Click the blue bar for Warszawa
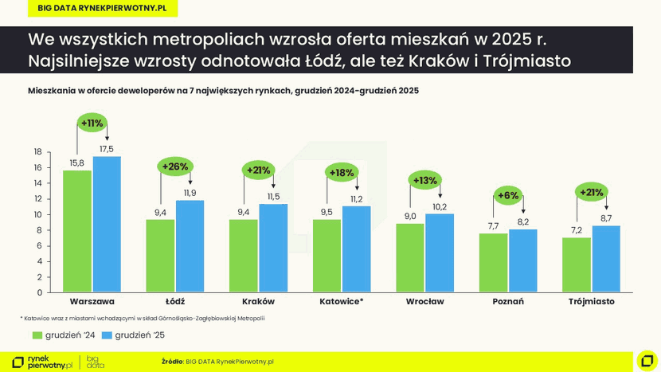(x=107, y=225)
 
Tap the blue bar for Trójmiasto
(x=605, y=259)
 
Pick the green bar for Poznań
(x=493, y=263)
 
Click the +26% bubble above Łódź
(x=175, y=166)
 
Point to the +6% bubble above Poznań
(x=507, y=195)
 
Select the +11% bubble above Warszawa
(x=92, y=123)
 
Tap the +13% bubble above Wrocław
(x=424, y=180)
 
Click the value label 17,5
(x=107, y=149)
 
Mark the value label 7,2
(x=576, y=230)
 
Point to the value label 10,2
(x=440, y=206)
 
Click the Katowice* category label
(x=342, y=302)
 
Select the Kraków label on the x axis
(x=258, y=302)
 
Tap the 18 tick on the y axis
(x=37, y=151)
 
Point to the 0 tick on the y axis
(x=39, y=292)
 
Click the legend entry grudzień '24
(x=64, y=335)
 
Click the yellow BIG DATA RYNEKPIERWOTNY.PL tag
(x=102, y=8)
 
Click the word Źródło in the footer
(x=172, y=362)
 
